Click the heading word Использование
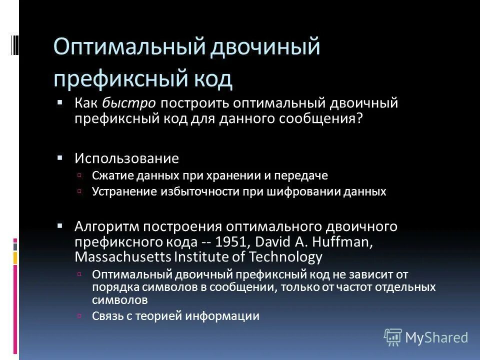point(126,159)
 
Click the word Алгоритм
point(106,226)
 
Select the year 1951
point(232,241)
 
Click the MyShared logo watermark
point(426,337)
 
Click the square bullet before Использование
point(60,158)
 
